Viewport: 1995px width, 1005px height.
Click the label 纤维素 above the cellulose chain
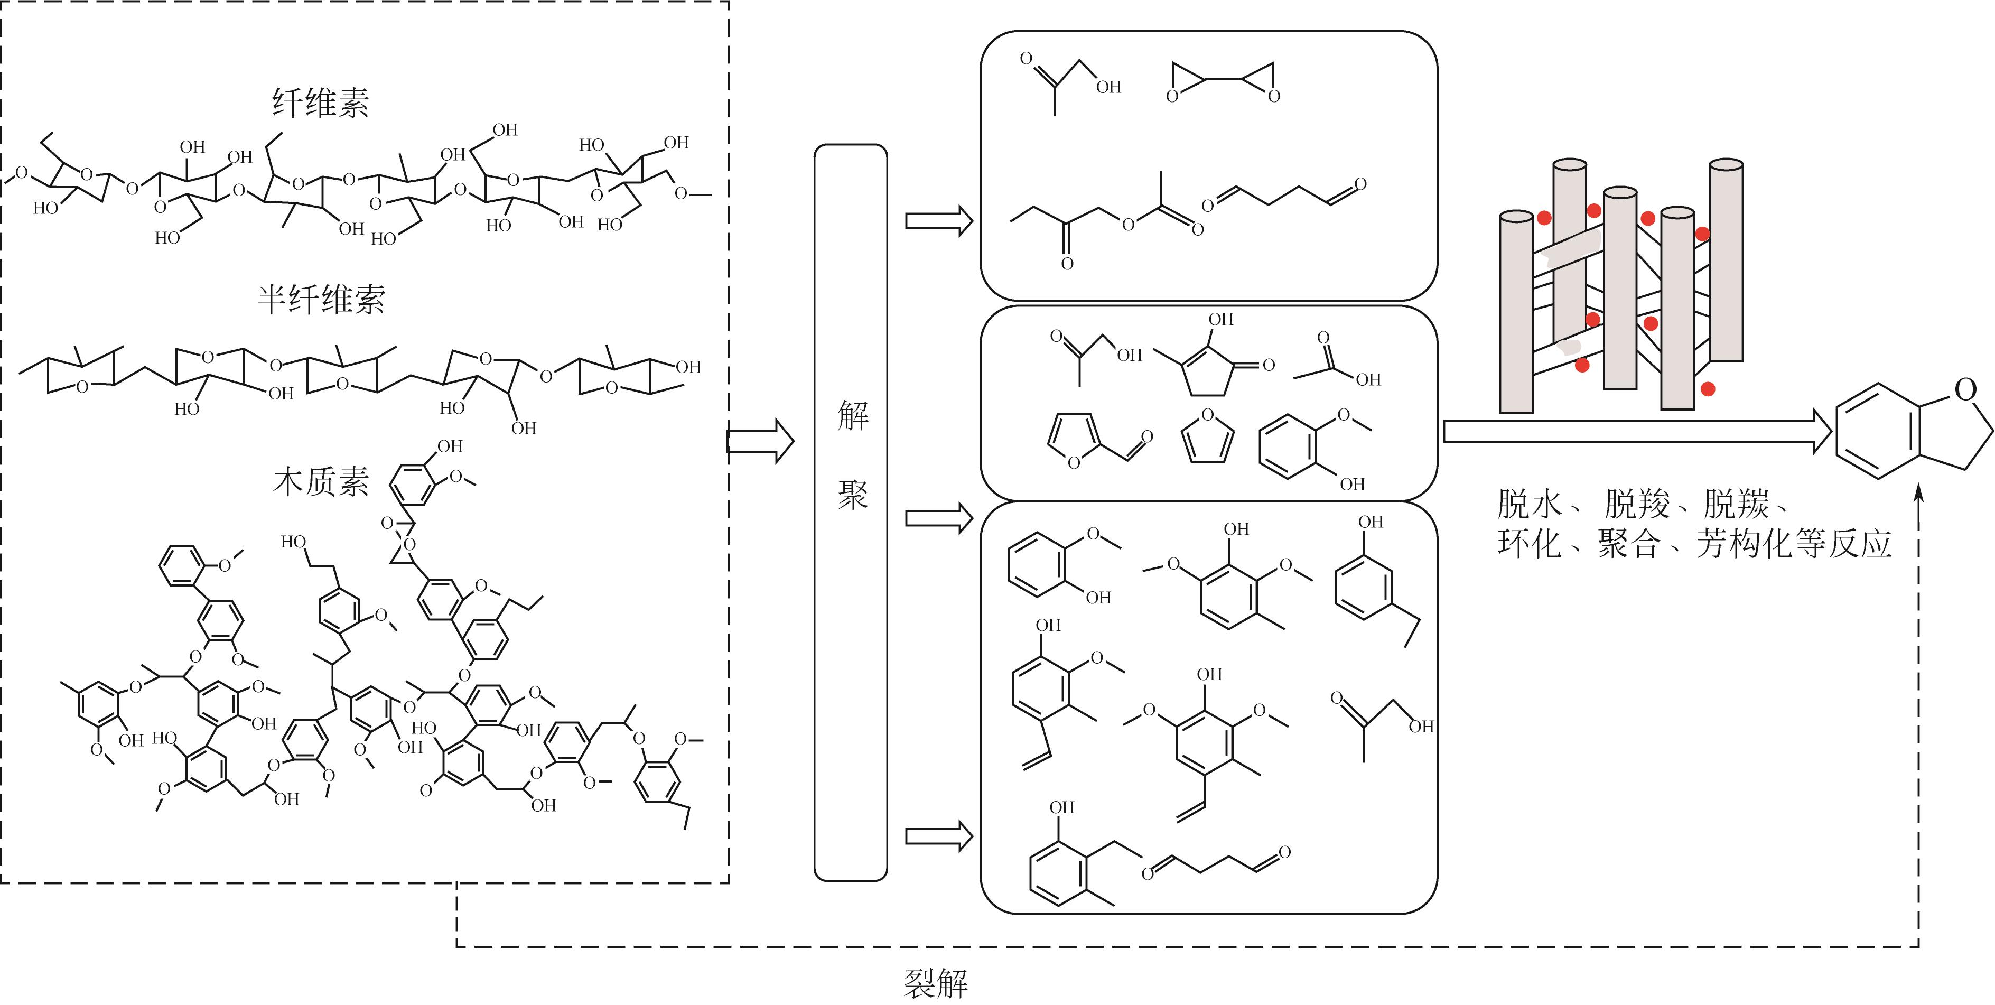click(x=320, y=103)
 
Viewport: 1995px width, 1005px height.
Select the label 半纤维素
click(x=321, y=300)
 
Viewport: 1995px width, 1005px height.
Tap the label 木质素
click(x=321, y=481)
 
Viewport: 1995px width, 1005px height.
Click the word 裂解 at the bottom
click(x=936, y=983)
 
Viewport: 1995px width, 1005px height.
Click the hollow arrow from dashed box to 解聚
click(x=760, y=441)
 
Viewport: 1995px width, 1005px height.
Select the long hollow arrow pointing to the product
click(x=1634, y=431)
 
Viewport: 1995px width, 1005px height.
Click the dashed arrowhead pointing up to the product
click(x=1918, y=496)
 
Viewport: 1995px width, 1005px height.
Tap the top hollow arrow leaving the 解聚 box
click(x=938, y=221)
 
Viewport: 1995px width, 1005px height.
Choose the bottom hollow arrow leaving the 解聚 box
click(x=938, y=836)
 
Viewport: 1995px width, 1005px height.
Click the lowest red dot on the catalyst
click(x=1707, y=389)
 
